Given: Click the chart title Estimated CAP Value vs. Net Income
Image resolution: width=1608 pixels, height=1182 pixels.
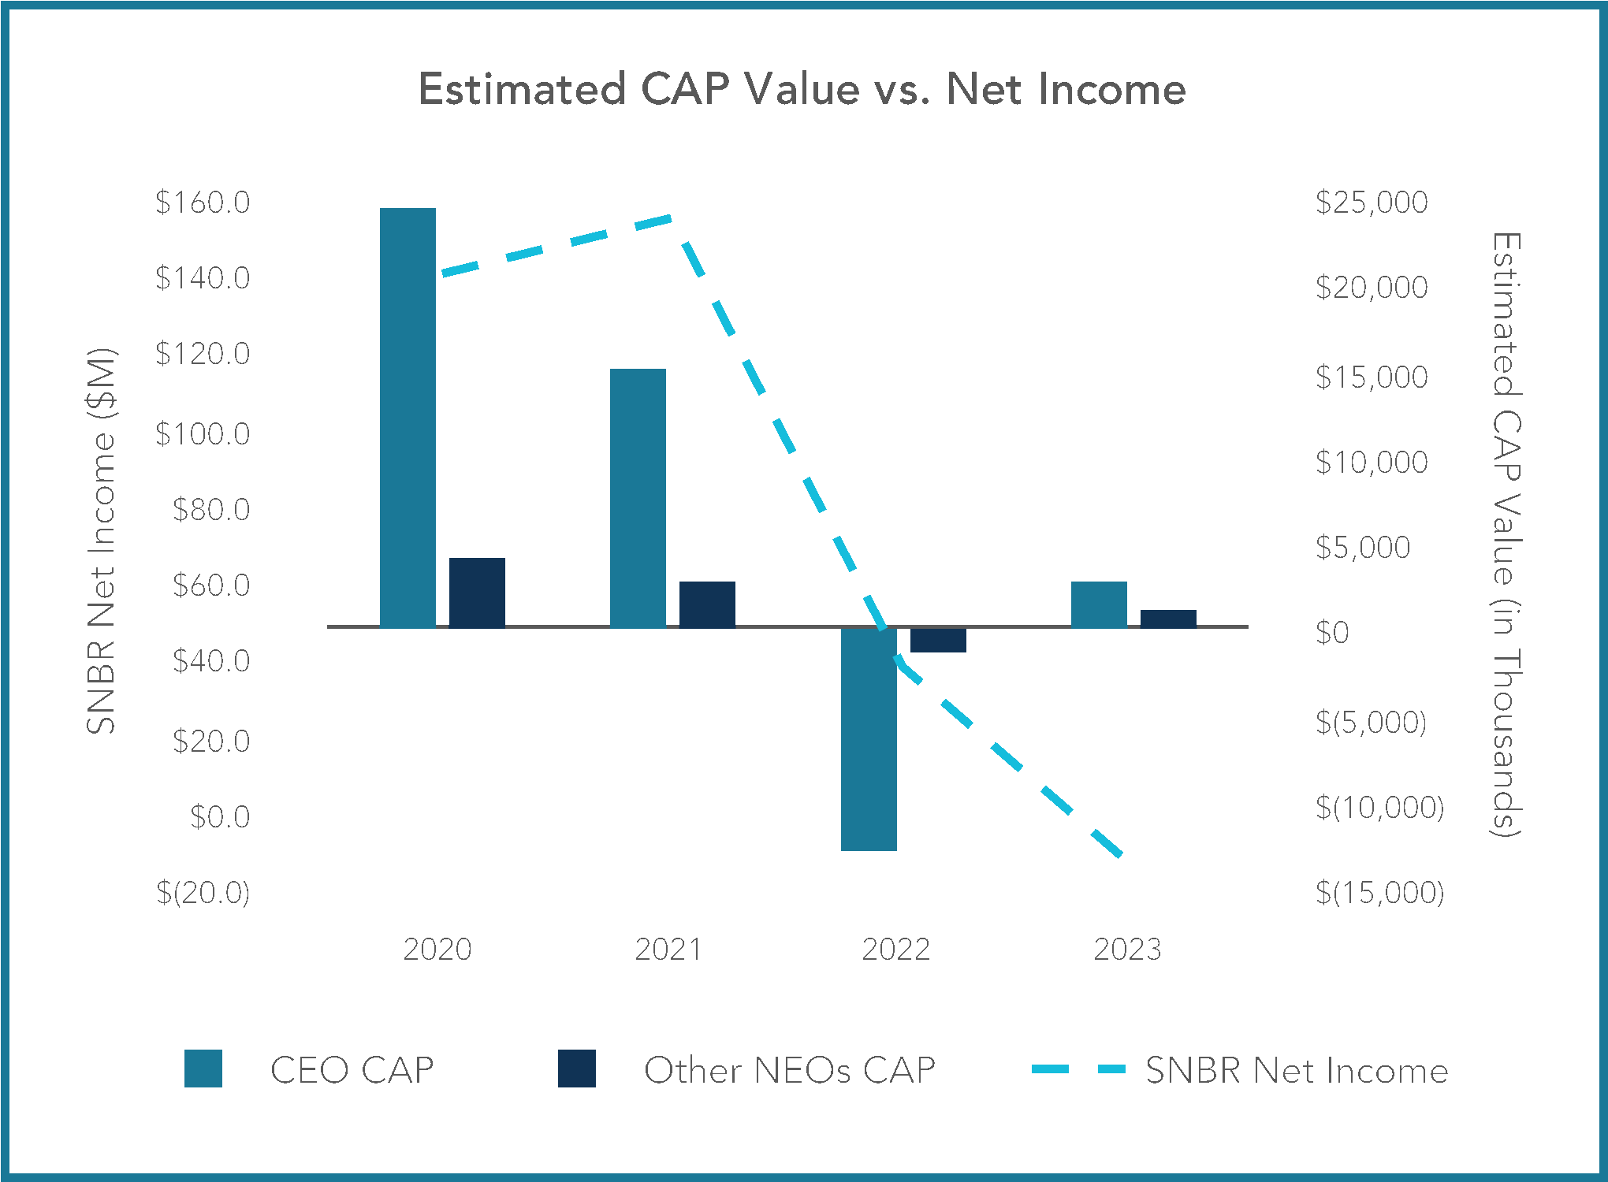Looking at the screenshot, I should [802, 88].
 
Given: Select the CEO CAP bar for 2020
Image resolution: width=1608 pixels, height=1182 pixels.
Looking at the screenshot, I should [408, 418].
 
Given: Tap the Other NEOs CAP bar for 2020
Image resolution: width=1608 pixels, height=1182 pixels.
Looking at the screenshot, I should [477, 593].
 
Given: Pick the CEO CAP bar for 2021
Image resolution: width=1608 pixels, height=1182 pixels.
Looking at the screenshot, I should [638, 498].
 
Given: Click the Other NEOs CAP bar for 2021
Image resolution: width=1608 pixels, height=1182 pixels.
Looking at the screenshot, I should [707, 604].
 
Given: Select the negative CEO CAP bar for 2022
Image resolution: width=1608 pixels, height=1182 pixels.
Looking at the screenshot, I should [869, 739].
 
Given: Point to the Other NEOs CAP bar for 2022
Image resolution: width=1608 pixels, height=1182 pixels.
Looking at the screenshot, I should [938, 640].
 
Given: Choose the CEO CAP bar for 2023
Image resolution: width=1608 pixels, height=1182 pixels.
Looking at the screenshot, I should [1099, 604].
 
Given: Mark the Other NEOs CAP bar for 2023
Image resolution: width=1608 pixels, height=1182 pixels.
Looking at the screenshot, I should [1168, 619].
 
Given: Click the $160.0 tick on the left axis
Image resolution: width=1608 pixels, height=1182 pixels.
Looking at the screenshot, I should [203, 203].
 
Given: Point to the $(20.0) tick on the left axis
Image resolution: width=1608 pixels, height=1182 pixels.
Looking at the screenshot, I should [203, 892].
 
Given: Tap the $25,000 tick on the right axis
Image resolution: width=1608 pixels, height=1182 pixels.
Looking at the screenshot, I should [1372, 203].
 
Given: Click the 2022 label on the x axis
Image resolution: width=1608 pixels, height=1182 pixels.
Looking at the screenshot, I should [896, 949].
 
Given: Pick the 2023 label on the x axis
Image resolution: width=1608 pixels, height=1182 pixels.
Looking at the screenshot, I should [1127, 949].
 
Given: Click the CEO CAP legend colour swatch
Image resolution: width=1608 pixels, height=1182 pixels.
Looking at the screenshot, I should [203, 1069].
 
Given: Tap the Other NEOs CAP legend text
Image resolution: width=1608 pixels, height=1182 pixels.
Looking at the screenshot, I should [789, 1070].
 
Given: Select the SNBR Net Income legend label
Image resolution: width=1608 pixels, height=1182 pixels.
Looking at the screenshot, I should [1297, 1070].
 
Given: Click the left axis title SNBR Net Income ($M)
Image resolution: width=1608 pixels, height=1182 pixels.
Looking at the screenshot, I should [102, 541].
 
